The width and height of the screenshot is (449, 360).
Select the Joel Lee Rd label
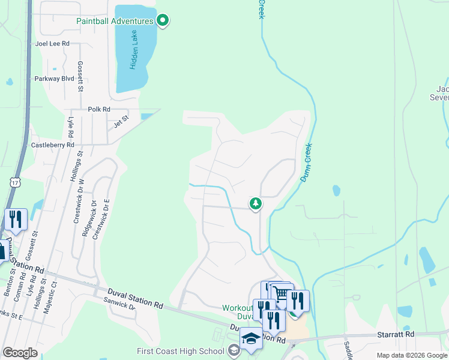[53, 44]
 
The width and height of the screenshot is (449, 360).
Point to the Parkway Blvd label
[55, 79]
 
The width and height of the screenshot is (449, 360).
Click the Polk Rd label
[99, 109]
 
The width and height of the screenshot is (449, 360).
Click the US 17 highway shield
[16, 181]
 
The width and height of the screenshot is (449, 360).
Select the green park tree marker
[256, 205]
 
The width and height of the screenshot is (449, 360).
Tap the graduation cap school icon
[251, 338]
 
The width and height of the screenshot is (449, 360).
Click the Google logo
[20, 353]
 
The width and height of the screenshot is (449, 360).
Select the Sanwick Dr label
[120, 304]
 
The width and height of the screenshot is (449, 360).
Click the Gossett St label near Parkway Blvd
[80, 76]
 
